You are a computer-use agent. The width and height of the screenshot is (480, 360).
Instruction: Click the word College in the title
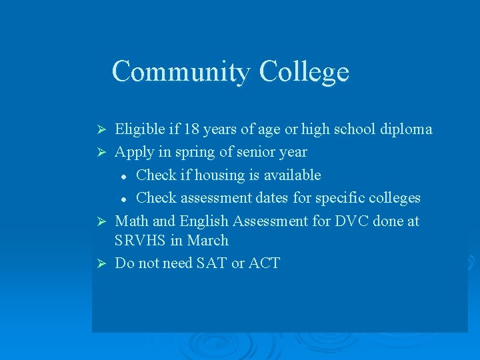pos(304,72)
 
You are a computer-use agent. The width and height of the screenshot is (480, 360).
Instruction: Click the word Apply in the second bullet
pos(133,152)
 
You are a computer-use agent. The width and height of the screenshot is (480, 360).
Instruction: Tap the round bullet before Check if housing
pos(124,176)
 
